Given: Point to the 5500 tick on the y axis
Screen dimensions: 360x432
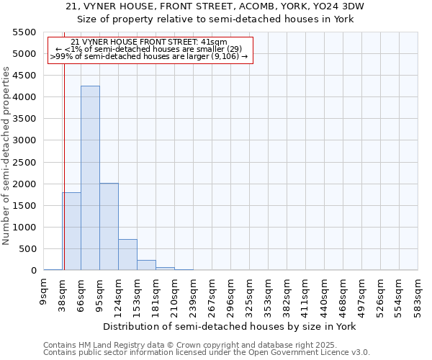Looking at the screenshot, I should [24, 32].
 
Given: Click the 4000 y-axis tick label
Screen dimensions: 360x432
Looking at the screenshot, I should [24, 97].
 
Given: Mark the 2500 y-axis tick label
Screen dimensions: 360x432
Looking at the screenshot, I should [24, 162].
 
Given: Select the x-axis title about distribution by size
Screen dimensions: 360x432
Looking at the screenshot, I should [230, 326].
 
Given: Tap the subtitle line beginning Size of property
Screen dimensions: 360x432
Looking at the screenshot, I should [215, 19].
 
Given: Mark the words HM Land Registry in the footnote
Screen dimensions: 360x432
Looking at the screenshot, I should [107, 345].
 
